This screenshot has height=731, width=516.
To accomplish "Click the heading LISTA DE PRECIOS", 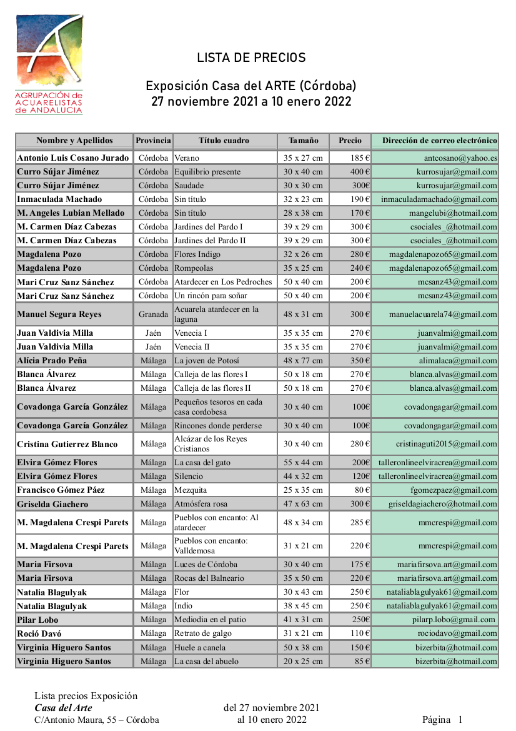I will (x=251, y=58).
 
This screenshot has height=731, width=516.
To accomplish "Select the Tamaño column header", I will (x=304, y=141).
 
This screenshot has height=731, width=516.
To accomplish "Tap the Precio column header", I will (x=350, y=141).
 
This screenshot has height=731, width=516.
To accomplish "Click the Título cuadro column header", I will (x=224, y=141).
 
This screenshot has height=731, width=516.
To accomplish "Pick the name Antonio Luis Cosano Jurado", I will (x=73, y=158).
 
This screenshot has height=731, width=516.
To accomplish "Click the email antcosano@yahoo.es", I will (x=460, y=158).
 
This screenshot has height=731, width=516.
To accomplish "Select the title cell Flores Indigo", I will (x=197, y=255).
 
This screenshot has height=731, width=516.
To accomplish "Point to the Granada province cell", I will (x=153, y=315).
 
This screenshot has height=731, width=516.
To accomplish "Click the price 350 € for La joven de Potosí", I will (x=360, y=361).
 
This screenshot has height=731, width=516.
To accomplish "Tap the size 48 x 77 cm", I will (x=303, y=361).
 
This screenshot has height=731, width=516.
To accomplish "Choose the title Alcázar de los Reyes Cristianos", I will (x=211, y=444).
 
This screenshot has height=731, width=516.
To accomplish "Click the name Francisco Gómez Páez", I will (x=61, y=490).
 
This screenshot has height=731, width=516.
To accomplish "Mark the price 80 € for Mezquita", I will (x=363, y=490).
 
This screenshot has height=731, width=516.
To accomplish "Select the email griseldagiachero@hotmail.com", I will (x=443, y=504).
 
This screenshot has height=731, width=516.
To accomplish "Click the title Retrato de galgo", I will (x=204, y=633).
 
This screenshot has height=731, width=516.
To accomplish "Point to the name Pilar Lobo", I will (x=37, y=620).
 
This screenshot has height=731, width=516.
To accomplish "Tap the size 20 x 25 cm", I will (x=303, y=661).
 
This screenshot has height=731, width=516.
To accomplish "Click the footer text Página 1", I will (x=442, y=720).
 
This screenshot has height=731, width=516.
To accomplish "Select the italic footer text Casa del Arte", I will (x=63, y=708).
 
